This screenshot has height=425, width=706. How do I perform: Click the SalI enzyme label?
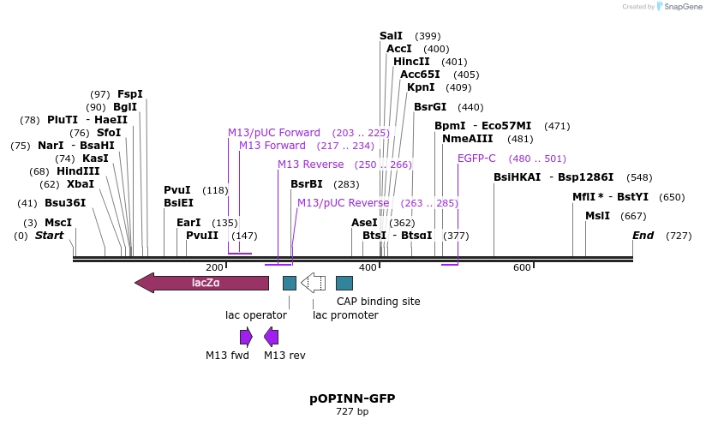tap(391, 36)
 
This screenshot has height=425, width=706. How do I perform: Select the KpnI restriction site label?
tap(421, 87)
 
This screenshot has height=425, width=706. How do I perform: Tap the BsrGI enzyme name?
tap(430, 107)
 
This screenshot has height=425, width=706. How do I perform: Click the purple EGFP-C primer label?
tap(476, 159)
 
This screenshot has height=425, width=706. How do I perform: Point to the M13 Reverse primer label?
tap(310, 165)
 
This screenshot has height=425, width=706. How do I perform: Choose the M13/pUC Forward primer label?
tap(273, 133)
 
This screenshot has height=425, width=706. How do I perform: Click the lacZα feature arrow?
tap(202, 283)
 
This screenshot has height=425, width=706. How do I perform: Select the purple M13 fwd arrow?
tap(246, 336)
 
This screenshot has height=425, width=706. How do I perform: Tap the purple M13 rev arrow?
tap(271, 336)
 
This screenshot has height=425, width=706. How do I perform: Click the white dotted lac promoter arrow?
tap(313, 283)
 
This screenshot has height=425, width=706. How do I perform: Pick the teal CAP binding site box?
tap(344, 283)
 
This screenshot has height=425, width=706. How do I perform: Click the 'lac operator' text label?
tap(256, 315)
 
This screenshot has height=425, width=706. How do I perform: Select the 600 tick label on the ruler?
tap(523, 268)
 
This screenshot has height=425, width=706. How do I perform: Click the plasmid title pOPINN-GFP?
tap(352, 399)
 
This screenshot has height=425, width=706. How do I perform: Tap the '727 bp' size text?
tap(352, 412)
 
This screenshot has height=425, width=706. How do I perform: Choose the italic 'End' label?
tap(643, 236)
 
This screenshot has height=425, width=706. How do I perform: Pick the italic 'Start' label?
tap(49, 236)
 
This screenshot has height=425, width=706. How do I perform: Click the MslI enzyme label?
tap(597, 216)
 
